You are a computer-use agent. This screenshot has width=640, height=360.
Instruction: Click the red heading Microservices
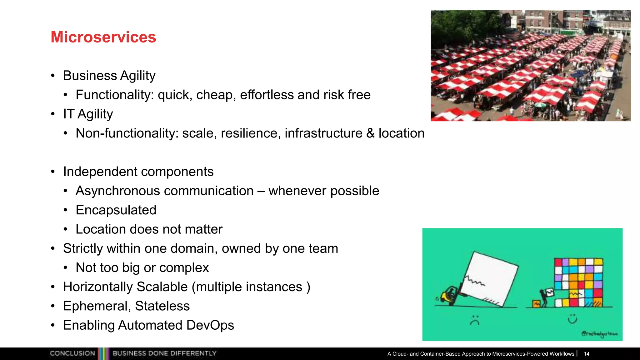tap(103, 37)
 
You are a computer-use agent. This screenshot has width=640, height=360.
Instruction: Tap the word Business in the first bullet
tap(90, 76)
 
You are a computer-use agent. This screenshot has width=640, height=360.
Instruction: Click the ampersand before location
tap(370, 133)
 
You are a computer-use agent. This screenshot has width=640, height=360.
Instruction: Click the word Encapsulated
tap(116, 210)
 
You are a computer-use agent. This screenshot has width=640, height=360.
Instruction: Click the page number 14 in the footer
tap(587, 354)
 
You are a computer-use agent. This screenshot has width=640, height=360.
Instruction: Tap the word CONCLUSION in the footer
tap(72, 353)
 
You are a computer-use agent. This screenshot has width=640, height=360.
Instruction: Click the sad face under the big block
tap(475, 320)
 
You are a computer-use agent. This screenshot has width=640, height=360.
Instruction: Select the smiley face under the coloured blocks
tap(572, 319)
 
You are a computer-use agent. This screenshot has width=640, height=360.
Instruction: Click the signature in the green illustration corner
tap(599, 334)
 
